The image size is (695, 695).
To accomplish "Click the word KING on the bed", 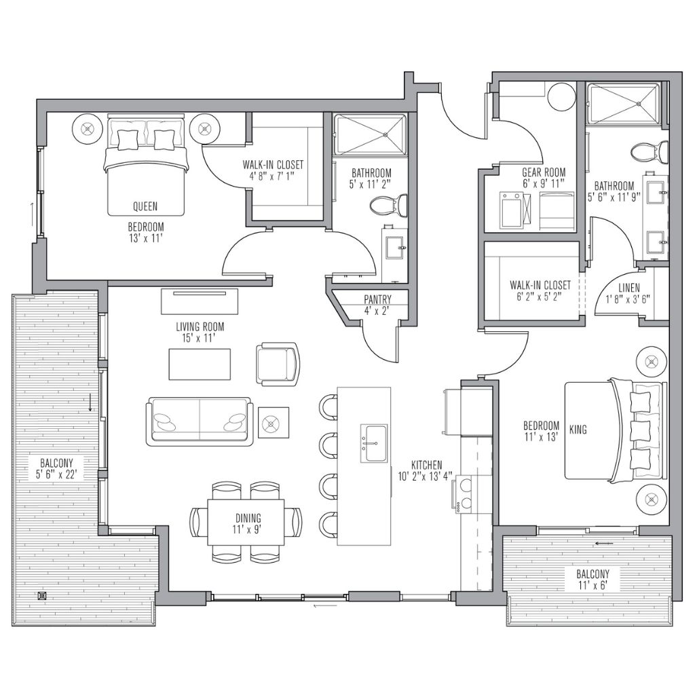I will click(578, 430).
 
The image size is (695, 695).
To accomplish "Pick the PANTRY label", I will click(377, 299).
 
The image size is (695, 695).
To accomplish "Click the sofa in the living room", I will click(199, 421).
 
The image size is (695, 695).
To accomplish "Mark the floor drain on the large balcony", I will click(43, 595).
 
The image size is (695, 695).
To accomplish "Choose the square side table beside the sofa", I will click(274, 424).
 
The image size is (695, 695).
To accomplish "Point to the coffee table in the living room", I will click(200, 364).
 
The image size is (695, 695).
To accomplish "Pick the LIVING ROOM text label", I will click(200, 326).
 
